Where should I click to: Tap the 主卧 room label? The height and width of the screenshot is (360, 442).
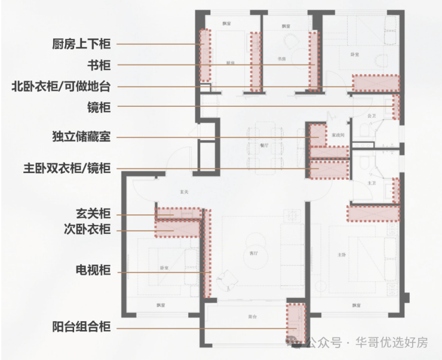click(341, 255)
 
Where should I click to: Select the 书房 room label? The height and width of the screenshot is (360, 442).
click(282, 59)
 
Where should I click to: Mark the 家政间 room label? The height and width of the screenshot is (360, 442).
click(337, 135)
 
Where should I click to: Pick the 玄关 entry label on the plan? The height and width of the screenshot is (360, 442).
click(185, 192)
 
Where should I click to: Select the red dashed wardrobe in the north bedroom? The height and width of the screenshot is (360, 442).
click(376, 82)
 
